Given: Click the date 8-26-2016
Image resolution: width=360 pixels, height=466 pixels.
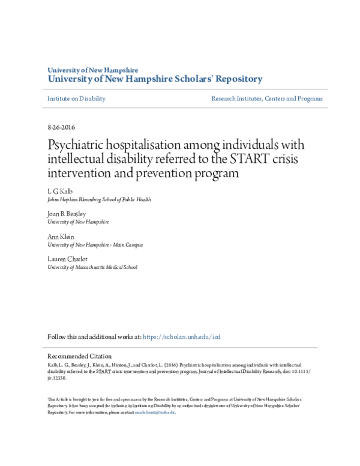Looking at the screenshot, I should pyautogui.click(x=61, y=127).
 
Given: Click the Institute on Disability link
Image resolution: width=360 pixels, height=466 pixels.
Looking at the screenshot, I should pyautogui.click(x=76, y=98).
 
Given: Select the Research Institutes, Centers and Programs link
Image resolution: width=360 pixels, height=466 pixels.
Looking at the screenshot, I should pyautogui.click(x=266, y=98).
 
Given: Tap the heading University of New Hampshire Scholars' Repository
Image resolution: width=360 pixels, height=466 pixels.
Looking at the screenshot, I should pyautogui.click(x=155, y=79).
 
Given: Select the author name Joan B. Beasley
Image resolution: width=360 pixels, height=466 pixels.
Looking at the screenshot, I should pyautogui.click(x=67, y=213).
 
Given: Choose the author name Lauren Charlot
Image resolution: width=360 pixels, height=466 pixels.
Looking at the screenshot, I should pyautogui.click(x=68, y=259).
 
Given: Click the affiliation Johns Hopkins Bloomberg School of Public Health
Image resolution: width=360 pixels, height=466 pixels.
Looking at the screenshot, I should pyautogui.click(x=99, y=199).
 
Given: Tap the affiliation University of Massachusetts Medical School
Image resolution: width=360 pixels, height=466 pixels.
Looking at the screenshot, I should pyautogui.click(x=92, y=267).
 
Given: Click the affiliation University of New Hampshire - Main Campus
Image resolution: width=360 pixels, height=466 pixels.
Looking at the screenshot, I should pyautogui.click(x=95, y=245).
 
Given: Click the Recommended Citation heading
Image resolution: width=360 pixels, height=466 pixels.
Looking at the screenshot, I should pyautogui.click(x=79, y=356).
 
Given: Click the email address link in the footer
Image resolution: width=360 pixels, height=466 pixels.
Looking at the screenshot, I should pyautogui.click(x=155, y=413).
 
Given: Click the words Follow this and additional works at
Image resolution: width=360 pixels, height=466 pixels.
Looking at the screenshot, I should pyautogui.click(x=94, y=337).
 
